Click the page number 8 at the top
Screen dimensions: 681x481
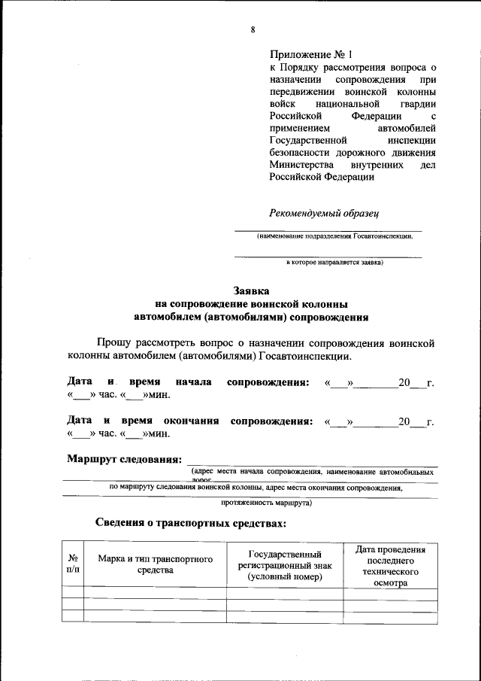click(x=253, y=29)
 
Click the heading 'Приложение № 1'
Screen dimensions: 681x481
click(x=310, y=55)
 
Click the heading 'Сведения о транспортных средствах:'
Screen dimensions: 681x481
click(x=191, y=522)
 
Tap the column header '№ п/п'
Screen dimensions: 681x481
click(x=74, y=564)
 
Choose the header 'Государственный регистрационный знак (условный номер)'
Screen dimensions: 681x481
click(x=285, y=564)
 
